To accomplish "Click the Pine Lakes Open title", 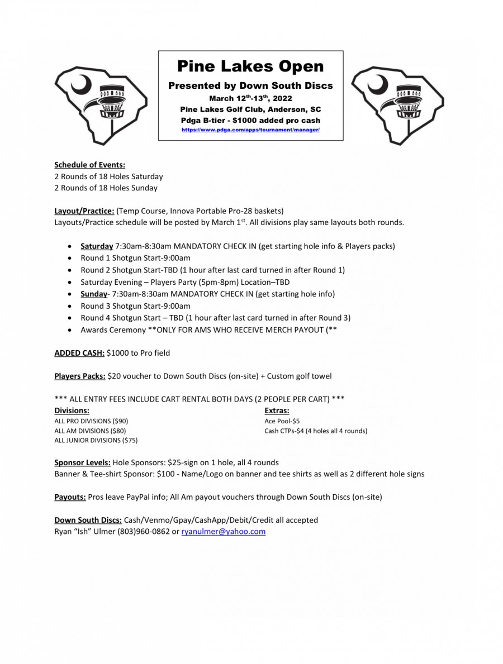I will pos(250,66).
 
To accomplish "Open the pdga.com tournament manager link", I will pos(250,130).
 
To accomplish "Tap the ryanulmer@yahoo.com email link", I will pos(224,532).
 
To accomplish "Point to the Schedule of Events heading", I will pos(89,165).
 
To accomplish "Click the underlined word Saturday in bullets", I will pos(97,246).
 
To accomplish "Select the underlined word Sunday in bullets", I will pos(93,294).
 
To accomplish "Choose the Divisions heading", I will pos(72,411).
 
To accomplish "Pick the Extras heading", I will pos(277,411).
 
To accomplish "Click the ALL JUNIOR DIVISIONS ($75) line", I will pos(96,440).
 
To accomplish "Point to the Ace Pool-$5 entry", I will pos(282,421).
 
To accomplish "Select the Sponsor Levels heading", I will pos(82,462).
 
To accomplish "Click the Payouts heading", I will pos(70,497).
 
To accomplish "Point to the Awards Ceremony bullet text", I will pos(208,330).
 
